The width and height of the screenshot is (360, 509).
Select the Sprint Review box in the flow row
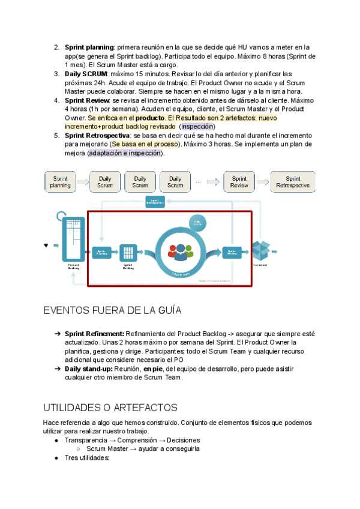pyautogui.click(x=239, y=182)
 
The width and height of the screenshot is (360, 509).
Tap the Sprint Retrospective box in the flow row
pyautogui.click(x=293, y=182)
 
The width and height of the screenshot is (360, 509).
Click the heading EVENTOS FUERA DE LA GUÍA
pyautogui.click(x=112, y=310)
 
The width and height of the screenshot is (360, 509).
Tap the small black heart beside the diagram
pyautogui.click(x=46, y=245)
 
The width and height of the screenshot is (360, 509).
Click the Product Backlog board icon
pyautogui.click(x=73, y=238)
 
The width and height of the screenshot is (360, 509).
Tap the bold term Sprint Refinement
pyautogui.click(x=94, y=333)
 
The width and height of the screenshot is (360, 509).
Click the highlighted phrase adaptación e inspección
pyautogui.click(x=125, y=153)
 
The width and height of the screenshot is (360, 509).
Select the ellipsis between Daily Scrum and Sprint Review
pyautogui.click(x=198, y=182)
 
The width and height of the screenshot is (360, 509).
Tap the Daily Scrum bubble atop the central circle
pyautogui.click(x=197, y=223)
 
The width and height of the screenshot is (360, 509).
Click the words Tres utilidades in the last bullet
pyautogui.click(x=87, y=457)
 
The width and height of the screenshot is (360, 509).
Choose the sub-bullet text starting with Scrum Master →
pyautogui.click(x=143, y=448)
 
